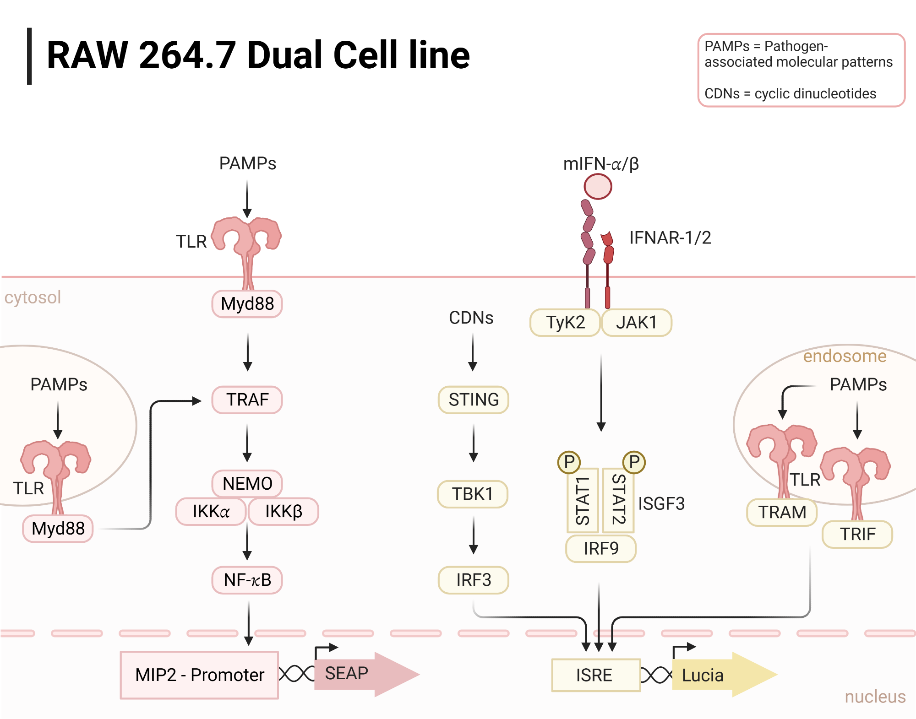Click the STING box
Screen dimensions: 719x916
[473, 400]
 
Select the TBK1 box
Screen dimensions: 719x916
[472, 494]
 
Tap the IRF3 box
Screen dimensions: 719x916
[473, 580]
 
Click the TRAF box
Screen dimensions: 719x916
[247, 400]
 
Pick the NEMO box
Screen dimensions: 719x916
[247, 483]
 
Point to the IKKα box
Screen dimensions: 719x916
[211, 511]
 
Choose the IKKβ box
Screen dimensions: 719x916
[283, 511]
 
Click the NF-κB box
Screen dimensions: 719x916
[247, 580]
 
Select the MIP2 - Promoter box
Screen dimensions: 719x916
[199, 675]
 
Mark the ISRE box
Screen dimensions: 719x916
[595, 675]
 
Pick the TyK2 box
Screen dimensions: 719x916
[565, 322]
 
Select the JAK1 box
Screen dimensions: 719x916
[636, 322]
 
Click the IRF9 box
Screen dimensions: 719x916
[600, 548]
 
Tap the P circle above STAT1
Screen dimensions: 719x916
[569, 462]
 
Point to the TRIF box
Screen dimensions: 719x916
[857, 534]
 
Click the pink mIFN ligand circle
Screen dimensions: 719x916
[598, 187]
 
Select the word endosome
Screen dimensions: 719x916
[845, 356]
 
